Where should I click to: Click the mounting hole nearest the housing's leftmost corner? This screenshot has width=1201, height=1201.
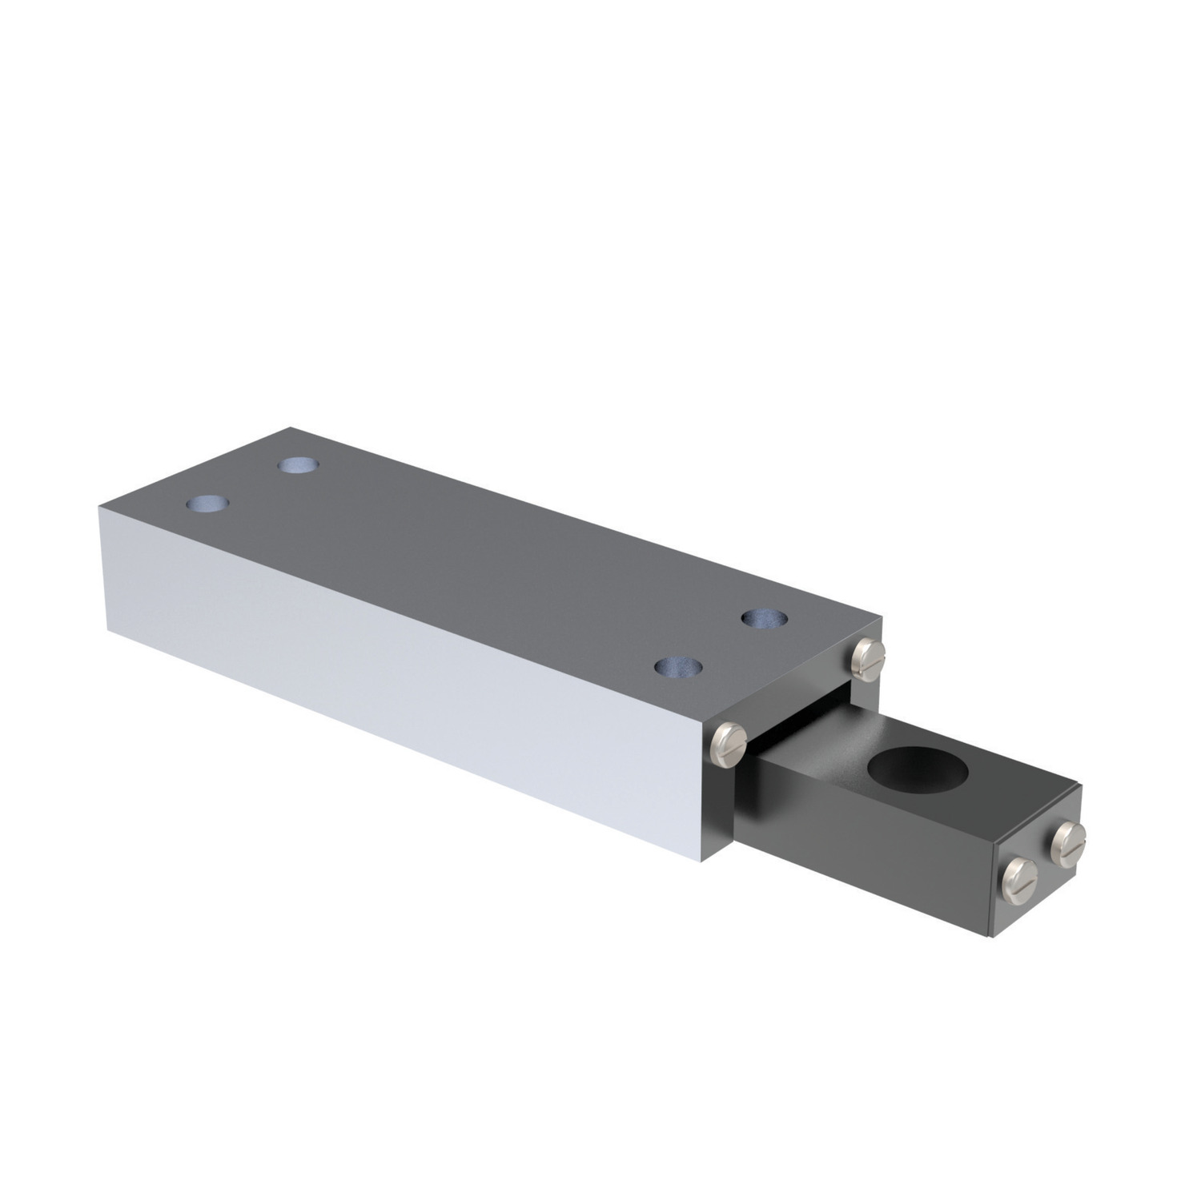point(207,504)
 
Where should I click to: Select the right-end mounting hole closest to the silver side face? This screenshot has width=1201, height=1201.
point(677,666)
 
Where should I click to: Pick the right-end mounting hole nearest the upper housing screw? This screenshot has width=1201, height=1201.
point(763,618)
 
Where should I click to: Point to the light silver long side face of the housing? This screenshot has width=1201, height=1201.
point(400,689)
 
